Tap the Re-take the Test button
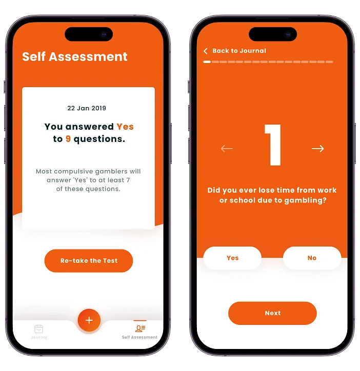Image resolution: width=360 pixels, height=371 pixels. pyautogui.click(x=89, y=260)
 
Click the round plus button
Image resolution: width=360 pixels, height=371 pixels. pyautogui.click(x=89, y=320)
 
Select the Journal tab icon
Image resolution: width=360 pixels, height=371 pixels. pyautogui.click(x=38, y=328)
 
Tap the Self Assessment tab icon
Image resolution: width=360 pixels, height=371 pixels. pyautogui.click(x=140, y=328)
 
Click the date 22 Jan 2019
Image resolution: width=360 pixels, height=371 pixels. pyautogui.click(x=87, y=108)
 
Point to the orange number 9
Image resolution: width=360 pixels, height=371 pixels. pyautogui.click(x=68, y=139)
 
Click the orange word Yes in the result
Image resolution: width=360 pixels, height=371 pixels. pyautogui.click(x=125, y=127)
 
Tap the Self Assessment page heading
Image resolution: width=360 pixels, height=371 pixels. pyautogui.click(x=75, y=56)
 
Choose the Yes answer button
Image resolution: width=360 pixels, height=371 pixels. pyautogui.click(x=232, y=258)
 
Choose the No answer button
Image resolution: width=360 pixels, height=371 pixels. pyautogui.click(x=312, y=258)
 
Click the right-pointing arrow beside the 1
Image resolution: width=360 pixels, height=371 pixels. pyautogui.click(x=317, y=149)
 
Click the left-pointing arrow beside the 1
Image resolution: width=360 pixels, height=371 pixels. pyautogui.click(x=227, y=149)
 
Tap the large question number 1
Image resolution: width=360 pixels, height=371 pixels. pyautogui.click(x=273, y=145)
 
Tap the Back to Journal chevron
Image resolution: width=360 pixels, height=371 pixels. pyautogui.click(x=205, y=51)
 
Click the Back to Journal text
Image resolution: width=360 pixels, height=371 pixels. pyautogui.click(x=239, y=51)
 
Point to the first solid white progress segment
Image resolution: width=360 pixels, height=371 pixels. pyautogui.click(x=207, y=62)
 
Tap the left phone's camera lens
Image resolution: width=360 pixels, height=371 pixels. pyautogui.click(x=104, y=34)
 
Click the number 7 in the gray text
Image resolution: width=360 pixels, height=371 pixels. pyautogui.click(x=128, y=180)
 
